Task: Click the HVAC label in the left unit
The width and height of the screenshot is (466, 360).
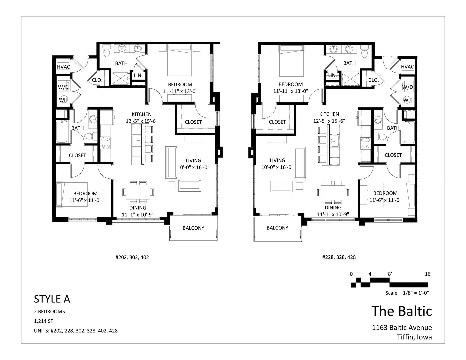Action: (x=63, y=67)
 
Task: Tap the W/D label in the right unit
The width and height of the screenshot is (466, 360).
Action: (x=407, y=87)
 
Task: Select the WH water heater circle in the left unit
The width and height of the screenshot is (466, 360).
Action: (x=63, y=100)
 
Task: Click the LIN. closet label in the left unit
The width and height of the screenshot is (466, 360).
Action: (x=138, y=75)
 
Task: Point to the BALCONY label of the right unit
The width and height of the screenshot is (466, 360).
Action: (x=277, y=228)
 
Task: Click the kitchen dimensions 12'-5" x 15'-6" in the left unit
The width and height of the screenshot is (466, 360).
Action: (x=142, y=121)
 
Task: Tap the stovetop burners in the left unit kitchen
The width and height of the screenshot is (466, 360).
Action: (x=106, y=143)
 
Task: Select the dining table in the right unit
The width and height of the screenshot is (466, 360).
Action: (x=333, y=192)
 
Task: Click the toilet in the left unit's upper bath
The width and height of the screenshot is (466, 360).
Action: (x=106, y=51)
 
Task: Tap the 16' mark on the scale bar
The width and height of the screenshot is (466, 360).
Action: (x=428, y=274)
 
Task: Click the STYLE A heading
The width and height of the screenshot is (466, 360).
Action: (x=52, y=299)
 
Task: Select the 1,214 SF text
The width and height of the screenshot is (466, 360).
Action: (x=43, y=321)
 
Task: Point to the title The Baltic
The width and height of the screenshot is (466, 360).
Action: (x=402, y=311)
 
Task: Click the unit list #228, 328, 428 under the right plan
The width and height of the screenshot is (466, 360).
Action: (x=339, y=257)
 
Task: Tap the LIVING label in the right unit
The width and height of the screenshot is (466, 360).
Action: (x=277, y=160)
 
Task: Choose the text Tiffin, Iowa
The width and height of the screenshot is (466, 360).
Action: (x=414, y=337)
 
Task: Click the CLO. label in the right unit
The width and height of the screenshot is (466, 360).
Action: (x=373, y=80)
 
